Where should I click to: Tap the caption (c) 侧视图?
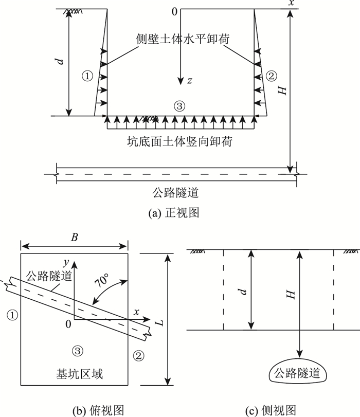pos(271,409)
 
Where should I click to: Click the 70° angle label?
pos(101,282)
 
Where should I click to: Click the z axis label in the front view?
pos(189,81)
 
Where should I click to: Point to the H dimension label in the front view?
pos(280,89)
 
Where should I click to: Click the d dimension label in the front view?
pos(60,62)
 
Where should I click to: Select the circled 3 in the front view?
pos(179,106)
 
